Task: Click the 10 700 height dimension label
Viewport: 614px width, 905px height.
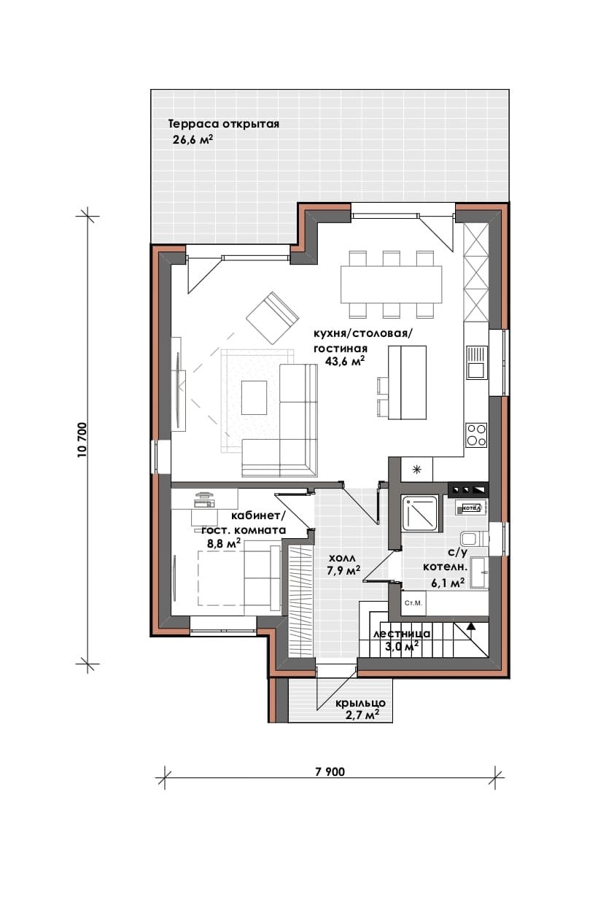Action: click(82, 440)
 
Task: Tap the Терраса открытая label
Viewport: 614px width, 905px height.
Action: click(224, 124)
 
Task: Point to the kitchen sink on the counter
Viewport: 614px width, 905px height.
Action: click(477, 362)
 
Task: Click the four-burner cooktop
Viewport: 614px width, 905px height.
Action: click(477, 435)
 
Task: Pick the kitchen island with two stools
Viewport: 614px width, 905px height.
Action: click(402, 383)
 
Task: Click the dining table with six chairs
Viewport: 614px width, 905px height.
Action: click(391, 283)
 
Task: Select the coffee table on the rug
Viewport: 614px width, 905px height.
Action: click(254, 397)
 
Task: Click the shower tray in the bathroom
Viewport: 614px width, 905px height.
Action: click(420, 513)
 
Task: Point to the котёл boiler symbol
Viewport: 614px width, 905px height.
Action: click(470, 508)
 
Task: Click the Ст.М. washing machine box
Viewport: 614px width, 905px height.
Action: click(413, 603)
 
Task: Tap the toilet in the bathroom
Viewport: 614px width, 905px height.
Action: click(474, 539)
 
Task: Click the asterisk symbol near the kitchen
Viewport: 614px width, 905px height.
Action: click(417, 469)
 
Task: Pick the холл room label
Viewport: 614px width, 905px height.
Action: click(342, 559)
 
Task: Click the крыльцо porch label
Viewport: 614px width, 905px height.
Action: click(360, 703)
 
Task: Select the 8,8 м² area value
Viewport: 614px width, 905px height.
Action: click(224, 543)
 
